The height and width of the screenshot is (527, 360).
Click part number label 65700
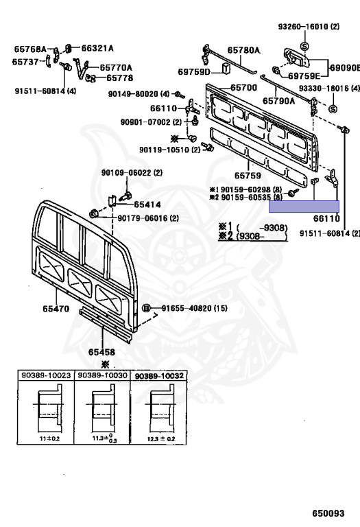(x=244, y=88)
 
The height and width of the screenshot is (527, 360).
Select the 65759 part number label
(x=248, y=176)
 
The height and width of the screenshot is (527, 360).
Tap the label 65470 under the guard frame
(x=56, y=309)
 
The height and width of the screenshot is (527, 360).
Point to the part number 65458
(x=101, y=352)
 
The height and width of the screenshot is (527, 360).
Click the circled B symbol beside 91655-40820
(x=146, y=308)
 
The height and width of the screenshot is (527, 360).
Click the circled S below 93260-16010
(x=304, y=46)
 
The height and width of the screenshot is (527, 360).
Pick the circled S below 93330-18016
(x=333, y=109)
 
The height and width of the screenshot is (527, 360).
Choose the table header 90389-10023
(x=46, y=375)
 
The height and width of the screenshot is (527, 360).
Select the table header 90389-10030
(x=102, y=375)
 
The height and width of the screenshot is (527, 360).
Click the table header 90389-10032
(x=159, y=376)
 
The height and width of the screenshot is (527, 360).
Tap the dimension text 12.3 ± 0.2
(x=161, y=439)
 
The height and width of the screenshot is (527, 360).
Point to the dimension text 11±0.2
(x=49, y=438)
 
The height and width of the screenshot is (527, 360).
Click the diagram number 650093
(x=328, y=513)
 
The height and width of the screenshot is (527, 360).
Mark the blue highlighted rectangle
(x=304, y=207)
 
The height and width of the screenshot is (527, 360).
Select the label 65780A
(x=244, y=50)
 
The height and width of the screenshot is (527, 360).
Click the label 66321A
(x=97, y=49)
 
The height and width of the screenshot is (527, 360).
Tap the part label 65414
(x=147, y=204)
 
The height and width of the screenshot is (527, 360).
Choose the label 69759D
(x=194, y=72)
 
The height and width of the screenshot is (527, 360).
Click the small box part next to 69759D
(x=226, y=68)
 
